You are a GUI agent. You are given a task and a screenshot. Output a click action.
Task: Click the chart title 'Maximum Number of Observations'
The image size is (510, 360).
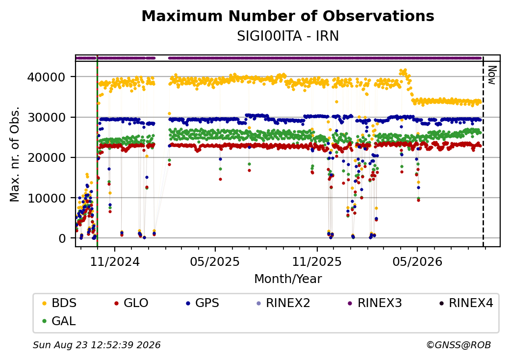(288, 16)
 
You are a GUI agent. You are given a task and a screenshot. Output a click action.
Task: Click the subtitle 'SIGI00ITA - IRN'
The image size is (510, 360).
(288, 36)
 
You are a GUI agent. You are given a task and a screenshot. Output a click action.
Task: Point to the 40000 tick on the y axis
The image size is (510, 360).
(46, 77)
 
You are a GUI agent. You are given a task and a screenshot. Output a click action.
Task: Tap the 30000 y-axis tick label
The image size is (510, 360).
(46, 117)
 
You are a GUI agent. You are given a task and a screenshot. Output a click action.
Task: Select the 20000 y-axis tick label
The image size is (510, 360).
(46, 158)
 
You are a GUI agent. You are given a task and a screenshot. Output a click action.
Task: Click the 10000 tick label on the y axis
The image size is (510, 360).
(46, 198)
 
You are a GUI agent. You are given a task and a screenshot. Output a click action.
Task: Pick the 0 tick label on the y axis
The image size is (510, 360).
(62, 238)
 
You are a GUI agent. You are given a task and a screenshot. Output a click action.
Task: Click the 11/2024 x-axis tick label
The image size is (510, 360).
(114, 262)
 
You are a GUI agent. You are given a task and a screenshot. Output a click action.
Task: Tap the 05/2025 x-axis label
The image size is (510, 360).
(215, 262)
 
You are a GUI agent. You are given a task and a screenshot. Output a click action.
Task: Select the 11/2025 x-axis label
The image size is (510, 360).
(317, 262)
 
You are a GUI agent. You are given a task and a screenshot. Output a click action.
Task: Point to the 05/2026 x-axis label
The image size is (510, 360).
(417, 262)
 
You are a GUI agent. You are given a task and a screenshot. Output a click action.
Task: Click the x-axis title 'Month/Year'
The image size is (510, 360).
(288, 279)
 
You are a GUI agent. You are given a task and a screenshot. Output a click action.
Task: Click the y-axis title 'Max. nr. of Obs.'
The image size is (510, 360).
(15, 154)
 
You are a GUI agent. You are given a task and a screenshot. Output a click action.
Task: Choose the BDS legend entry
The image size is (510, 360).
(60, 303)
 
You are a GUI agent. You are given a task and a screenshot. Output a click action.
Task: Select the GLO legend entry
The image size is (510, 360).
(132, 303)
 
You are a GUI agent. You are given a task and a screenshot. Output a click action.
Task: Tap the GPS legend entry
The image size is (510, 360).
(203, 303)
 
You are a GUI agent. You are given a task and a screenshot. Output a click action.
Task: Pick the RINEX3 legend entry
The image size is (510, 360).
(375, 303)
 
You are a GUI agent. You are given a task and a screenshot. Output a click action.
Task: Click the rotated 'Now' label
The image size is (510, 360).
(492, 75)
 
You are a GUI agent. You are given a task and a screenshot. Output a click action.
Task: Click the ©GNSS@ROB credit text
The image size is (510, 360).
(459, 345)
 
